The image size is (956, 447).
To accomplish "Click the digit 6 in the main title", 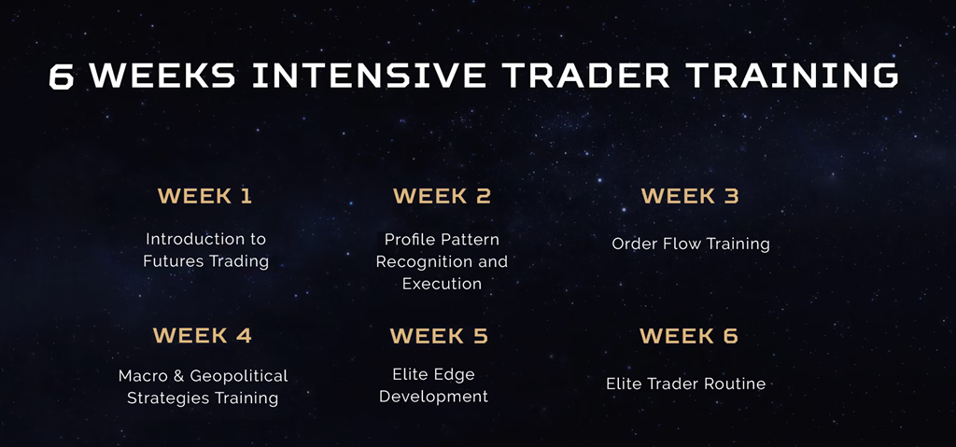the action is point(61,76).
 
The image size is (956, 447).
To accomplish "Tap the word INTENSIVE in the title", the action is point(370,76).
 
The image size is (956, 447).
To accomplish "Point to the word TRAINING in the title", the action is point(792,76).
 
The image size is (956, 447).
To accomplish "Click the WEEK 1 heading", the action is point(204,196).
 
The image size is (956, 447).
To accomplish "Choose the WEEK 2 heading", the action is point(442,196).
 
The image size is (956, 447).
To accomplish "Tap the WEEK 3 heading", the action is point(690,196).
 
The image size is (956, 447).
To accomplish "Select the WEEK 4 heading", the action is point(203,335).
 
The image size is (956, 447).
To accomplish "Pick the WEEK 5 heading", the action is point(439,335).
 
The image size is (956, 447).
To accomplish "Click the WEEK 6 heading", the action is point(689,335).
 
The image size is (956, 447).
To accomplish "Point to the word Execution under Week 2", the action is point(442,284).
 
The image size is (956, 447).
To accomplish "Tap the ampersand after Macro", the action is point(178,376).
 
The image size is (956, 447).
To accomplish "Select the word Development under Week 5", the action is point(433,397).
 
